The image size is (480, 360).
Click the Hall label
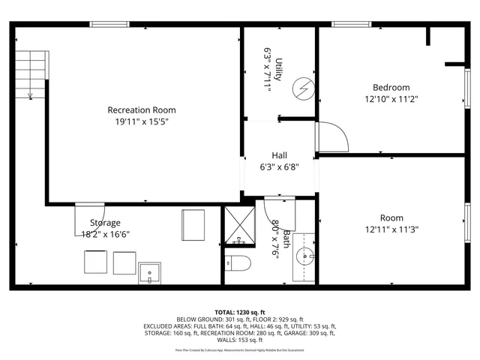tap(279, 155)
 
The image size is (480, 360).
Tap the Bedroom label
tap(391, 87)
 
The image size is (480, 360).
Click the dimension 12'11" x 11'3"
tap(391, 229)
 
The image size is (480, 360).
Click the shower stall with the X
tap(240, 224)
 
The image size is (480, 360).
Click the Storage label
tap(105, 223)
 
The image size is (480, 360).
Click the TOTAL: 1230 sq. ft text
tap(240, 312)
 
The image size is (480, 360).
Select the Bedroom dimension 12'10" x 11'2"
tap(391, 98)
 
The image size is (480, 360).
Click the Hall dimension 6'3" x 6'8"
tap(279, 166)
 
